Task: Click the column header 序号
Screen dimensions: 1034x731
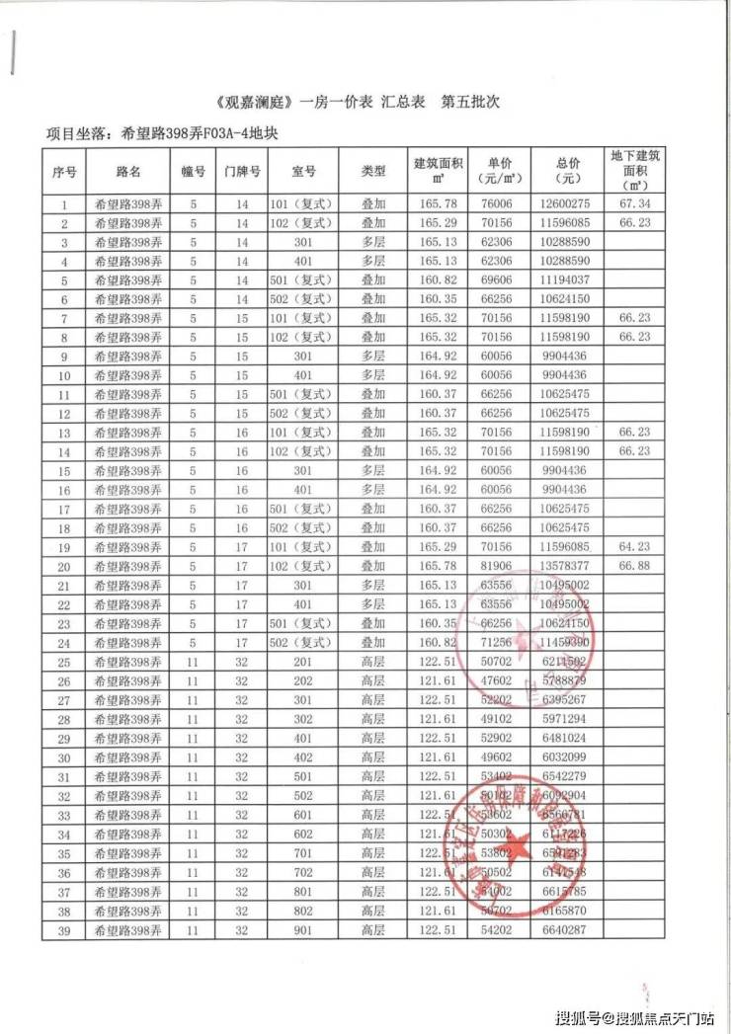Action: tap(64, 171)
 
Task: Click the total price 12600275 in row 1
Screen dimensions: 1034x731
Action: tap(566, 205)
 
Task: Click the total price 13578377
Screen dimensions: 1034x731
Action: tap(566, 566)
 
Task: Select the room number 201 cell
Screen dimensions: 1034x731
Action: tap(302, 661)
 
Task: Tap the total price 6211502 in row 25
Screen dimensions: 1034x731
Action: tap(566, 661)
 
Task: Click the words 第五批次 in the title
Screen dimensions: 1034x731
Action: tap(471, 103)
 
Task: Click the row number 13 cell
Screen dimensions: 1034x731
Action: tap(64, 434)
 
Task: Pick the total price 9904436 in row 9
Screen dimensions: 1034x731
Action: tap(566, 357)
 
